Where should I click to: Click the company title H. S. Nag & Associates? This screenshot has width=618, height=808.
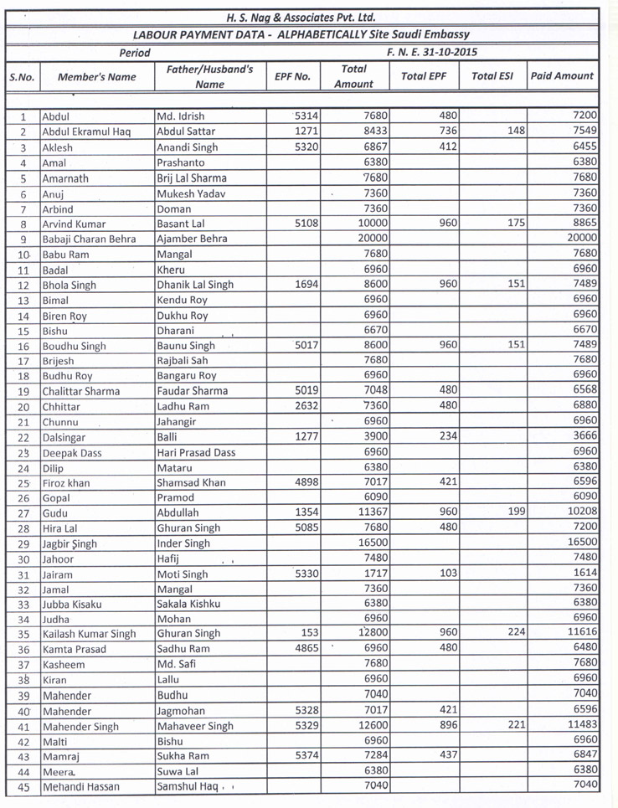coord(301,17)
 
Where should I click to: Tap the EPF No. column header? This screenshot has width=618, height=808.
coord(292,76)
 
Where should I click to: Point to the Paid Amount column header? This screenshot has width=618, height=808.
coord(562,75)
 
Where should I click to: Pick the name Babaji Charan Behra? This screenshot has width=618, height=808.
coord(89,239)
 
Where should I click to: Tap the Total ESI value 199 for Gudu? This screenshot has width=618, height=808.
coord(499,512)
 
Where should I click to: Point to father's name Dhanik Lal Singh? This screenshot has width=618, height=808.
coord(195,285)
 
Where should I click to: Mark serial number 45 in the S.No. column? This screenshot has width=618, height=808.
coord(23,786)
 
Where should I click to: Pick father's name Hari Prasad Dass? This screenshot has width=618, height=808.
coord(196,452)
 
